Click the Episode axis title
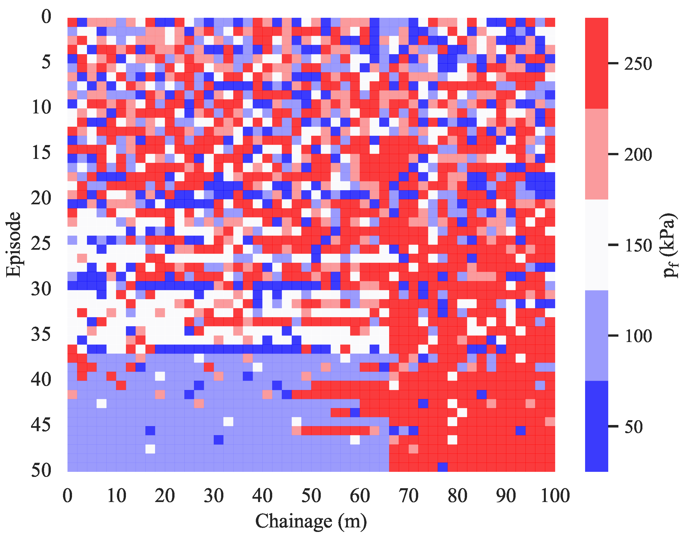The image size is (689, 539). (13, 245)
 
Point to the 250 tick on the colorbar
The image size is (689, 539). (638, 64)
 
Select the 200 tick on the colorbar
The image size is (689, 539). (638, 155)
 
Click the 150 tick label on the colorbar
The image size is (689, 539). (638, 246)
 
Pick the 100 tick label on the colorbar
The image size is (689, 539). (638, 336)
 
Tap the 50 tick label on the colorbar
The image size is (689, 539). (633, 427)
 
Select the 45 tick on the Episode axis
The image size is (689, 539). (41, 425)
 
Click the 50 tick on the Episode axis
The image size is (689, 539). (41, 470)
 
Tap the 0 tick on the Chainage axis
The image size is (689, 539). (67, 496)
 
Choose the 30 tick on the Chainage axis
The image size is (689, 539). (214, 496)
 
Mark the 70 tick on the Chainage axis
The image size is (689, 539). (409, 496)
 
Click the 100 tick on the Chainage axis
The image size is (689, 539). (555, 496)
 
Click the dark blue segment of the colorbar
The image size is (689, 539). (596, 426)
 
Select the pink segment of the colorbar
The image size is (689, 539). (596, 154)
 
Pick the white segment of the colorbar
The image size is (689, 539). (596, 245)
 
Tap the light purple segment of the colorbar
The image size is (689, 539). (596, 336)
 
